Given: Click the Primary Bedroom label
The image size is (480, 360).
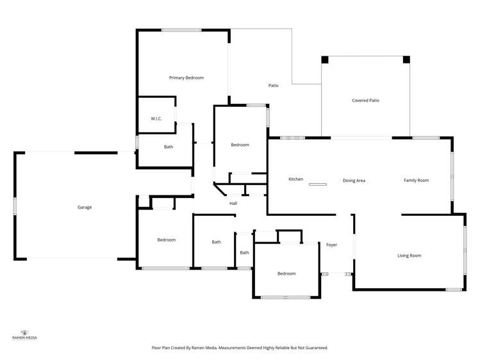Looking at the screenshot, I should [x=186, y=78].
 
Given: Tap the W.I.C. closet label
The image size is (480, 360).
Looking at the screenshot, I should [x=156, y=119].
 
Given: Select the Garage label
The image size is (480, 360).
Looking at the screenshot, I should [x=85, y=207].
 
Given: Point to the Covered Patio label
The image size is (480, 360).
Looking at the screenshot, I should [x=365, y=101].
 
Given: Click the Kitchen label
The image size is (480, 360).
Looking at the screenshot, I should [x=295, y=179].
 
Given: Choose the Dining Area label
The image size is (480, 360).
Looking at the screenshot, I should [x=354, y=181].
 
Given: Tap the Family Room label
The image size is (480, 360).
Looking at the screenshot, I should [x=416, y=181].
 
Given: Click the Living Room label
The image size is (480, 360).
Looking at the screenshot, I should [x=409, y=256].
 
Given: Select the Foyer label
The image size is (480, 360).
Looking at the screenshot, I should [x=331, y=245].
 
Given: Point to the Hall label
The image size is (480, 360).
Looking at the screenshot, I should [x=233, y=204].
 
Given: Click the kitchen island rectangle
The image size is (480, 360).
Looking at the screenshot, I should [x=317, y=184].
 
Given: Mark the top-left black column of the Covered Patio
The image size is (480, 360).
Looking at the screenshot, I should [x=325, y=60].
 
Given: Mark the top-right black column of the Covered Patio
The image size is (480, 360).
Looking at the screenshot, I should [x=406, y=60].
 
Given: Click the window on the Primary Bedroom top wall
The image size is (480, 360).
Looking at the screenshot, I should [x=181, y=30].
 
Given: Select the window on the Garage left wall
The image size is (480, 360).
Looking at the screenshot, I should [x=15, y=206].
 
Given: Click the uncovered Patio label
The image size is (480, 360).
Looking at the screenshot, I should [x=273, y=85].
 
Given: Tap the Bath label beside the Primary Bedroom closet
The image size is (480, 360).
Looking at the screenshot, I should [x=169, y=147].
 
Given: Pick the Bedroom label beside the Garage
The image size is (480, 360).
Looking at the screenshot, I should [x=166, y=240].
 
